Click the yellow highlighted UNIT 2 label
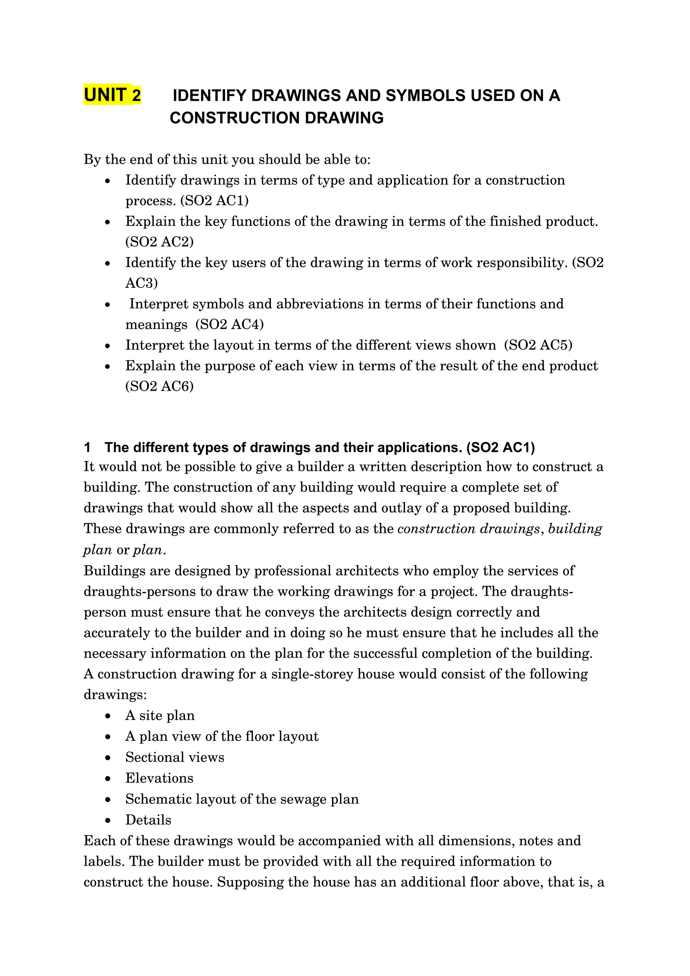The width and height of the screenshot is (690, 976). pyautogui.click(x=112, y=94)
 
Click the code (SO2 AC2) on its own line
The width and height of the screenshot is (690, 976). pyautogui.click(x=159, y=241)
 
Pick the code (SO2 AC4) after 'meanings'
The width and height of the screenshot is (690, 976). pyautogui.click(x=229, y=324)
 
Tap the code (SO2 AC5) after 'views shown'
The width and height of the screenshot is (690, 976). pyautogui.click(x=538, y=345)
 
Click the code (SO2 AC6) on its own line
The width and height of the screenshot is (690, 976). pyautogui.click(x=159, y=386)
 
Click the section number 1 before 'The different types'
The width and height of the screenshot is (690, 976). pyautogui.click(x=87, y=447)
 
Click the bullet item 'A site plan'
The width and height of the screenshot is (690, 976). pyautogui.click(x=160, y=715)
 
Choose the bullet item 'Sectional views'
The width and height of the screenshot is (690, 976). pyautogui.click(x=175, y=757)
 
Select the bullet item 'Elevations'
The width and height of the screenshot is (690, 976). pyautogui.click(x=159, y=778)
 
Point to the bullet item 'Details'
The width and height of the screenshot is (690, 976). pyautogui.click(x=148, y=820)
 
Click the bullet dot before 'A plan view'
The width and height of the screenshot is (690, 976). pyautogui.click(x=108, y=737)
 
